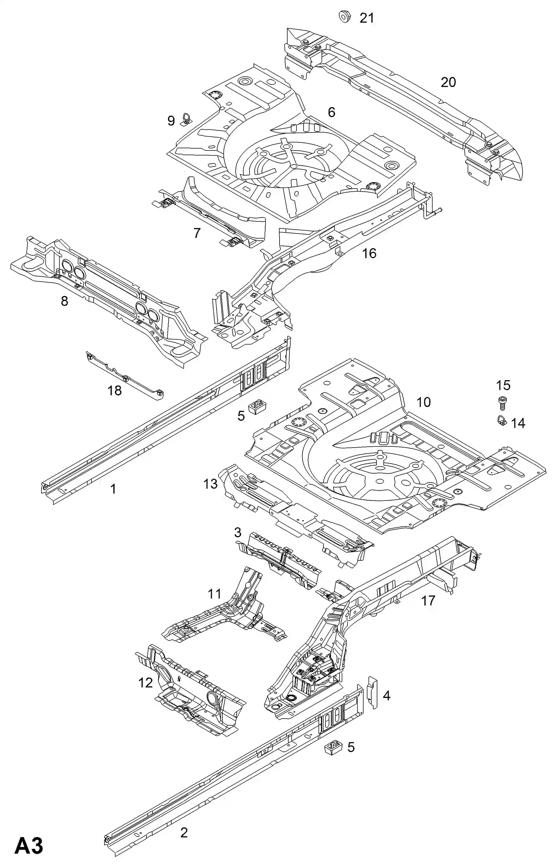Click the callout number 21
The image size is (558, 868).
[x=367, y=18]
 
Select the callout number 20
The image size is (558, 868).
[x=448, y=82]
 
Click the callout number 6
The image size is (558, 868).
[x=331, y=112]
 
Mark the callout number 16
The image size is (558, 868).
[x=369, y=253]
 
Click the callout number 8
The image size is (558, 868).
[x=64, y=301]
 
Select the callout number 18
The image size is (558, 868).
[x=114, y=390]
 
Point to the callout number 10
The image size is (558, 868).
[x=423, y=402]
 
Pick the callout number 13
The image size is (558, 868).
[x=210, y=484]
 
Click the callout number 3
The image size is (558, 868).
[x=237, y=532]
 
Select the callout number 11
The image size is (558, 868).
[x=215, y=594]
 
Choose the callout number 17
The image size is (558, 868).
[x=428, y=601]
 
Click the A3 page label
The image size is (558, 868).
[x=29, y=846]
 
